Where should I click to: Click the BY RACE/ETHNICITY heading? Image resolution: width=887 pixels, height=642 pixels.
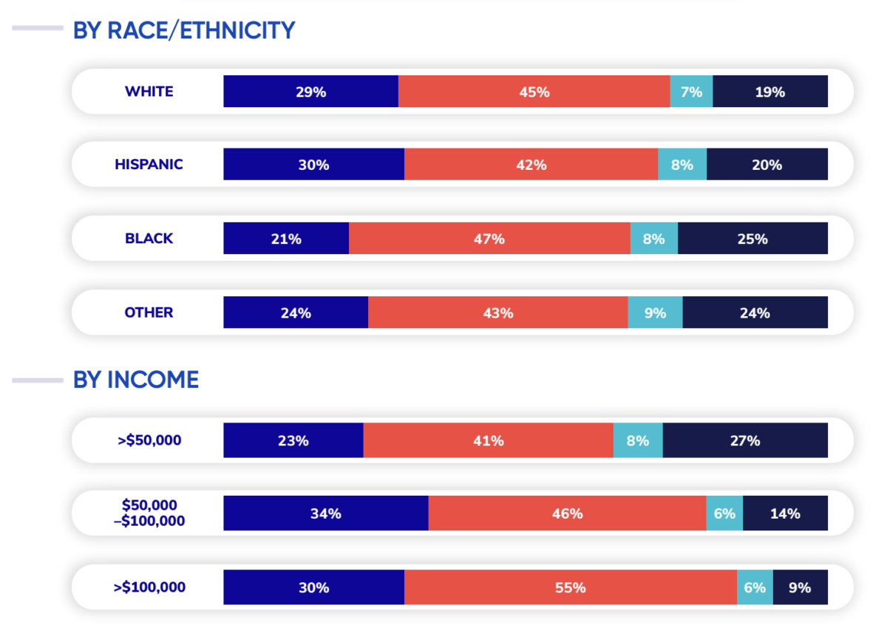183,30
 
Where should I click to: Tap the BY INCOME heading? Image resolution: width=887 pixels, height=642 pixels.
135,380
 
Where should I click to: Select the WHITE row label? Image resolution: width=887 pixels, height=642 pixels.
149,92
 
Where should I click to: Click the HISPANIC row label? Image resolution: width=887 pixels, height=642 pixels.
149,164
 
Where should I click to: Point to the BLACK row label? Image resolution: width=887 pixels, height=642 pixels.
149,239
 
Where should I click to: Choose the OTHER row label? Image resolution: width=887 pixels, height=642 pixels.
149,313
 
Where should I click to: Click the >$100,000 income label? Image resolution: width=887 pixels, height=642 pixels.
149,587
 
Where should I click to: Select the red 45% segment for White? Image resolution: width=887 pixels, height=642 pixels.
534,92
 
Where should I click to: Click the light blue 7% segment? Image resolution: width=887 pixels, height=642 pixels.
691,92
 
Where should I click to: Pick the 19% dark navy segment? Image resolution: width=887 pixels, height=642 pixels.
770,92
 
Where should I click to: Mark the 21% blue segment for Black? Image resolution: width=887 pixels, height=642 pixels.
286,239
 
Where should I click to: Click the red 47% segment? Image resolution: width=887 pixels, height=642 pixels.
489,239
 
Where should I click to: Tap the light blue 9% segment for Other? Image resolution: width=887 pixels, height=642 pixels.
655,313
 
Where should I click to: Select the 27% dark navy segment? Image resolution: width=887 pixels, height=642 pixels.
745,440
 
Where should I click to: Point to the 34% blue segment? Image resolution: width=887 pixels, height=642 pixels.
326,513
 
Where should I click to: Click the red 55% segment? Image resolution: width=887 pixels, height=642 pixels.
571,587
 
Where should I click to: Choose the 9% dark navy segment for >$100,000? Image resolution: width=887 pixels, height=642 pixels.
801,587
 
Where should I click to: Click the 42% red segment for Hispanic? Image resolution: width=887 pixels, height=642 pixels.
531,164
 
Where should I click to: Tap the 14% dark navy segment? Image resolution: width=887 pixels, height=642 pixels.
785,513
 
